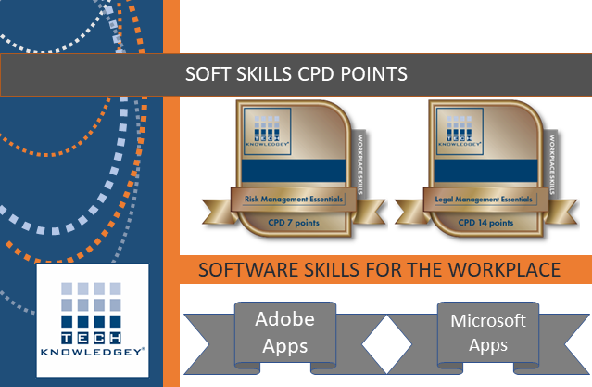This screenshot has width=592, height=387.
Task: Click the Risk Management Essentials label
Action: tap(294, 199)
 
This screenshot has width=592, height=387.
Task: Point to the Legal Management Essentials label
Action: tap(484, 199)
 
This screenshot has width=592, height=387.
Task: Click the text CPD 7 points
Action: tap(294, 223)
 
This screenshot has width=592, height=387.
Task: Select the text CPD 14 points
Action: tap(485, 223)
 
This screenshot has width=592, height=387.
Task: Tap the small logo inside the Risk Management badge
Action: tap(268, 131)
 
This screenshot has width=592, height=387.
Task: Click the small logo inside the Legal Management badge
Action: tap(460, 131)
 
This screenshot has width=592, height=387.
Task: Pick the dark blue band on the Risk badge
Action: tap(294, 171)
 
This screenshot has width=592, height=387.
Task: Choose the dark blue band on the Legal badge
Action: tap(485, 171)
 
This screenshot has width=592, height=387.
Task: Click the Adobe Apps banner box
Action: tap(285, 333)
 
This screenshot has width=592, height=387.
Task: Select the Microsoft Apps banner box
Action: tap(488, 333)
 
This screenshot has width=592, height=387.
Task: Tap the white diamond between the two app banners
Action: tap(386, 344)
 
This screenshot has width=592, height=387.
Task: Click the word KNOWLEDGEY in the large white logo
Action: tap(93, 352)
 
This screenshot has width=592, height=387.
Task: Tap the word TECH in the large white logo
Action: tap(91, 338)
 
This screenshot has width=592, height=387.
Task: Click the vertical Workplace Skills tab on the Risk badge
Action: tap(359, 164)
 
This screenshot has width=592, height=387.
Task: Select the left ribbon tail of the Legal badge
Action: tap(410, 212)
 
